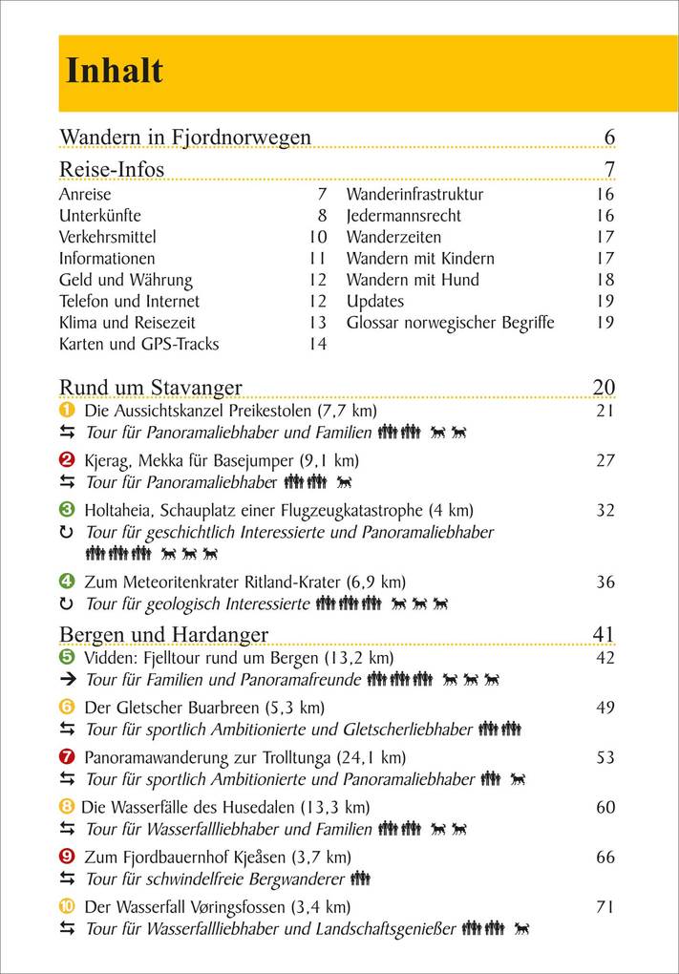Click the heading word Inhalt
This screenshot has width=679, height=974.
point(114,71)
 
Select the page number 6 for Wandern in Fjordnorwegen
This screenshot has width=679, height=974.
point(609,138)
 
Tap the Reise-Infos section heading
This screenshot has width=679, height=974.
point(112,169)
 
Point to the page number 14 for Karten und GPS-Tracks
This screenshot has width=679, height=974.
point(317,344)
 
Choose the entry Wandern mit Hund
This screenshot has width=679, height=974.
point(413,280)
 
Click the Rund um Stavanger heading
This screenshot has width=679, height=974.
point(151,387)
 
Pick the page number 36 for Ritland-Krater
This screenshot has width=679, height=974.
point(605,582)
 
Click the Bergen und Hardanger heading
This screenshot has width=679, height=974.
point(163,635)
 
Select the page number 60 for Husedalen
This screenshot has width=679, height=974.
point(605,807)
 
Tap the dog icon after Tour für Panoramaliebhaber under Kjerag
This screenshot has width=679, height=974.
point(344,482)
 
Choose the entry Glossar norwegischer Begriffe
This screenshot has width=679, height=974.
point(450,323)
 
